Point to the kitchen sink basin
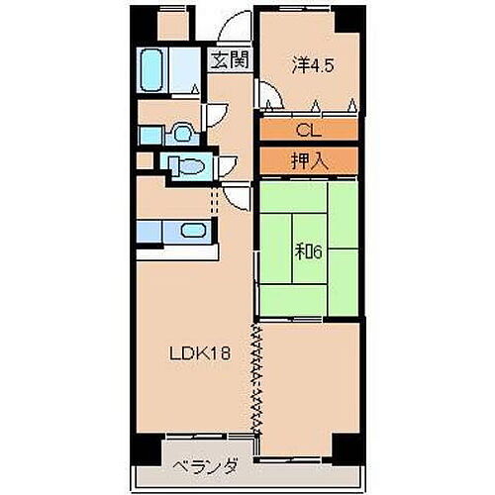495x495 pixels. point(192,232)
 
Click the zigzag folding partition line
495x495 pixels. point(258,376)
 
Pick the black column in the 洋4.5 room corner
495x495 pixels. point(348,17)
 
